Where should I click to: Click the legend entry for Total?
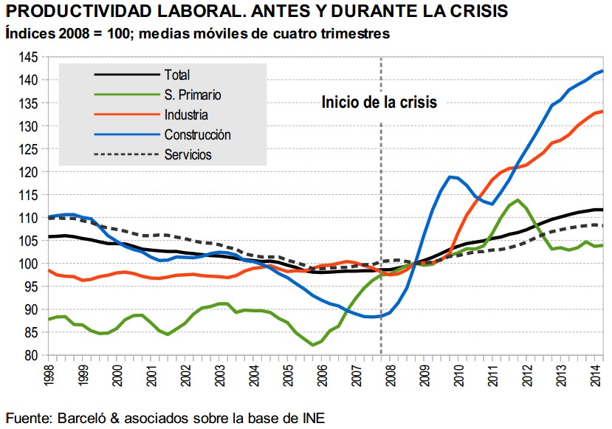point(177,75)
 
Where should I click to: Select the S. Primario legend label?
point(193,95)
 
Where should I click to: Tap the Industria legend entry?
point(186,115)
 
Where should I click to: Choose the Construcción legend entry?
point(197,135)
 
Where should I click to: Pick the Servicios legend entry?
point(188,155)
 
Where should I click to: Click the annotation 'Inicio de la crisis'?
point(379,103)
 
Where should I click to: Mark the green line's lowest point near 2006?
point(314,345)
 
